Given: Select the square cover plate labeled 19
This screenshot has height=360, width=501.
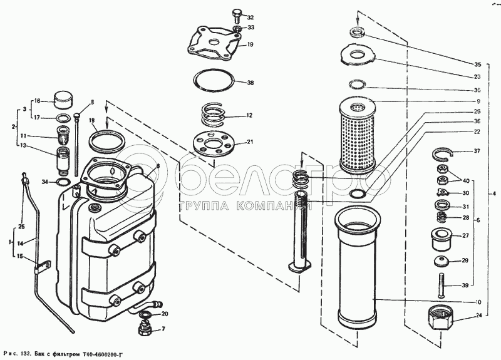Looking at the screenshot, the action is click(215, 44).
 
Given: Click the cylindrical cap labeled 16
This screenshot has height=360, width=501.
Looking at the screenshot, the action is click(63, 100).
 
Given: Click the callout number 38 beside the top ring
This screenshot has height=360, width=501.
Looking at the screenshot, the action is click(250, 83).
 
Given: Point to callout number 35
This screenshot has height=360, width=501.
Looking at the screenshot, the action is click(477, 64).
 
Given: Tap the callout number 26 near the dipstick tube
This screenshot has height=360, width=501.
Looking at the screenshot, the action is click(21, 226).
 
